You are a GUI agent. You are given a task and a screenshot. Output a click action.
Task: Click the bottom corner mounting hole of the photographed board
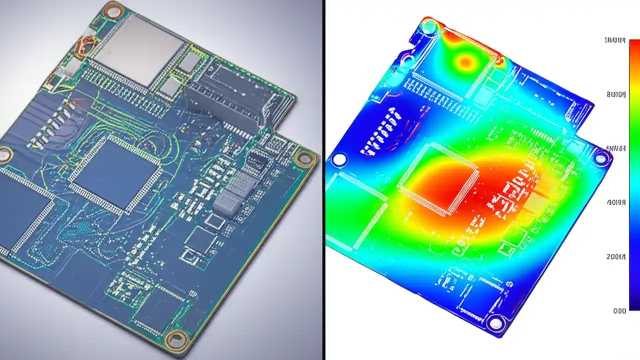pos(175,338)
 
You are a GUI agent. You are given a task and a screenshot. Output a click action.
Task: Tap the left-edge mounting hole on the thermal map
pos(339,159)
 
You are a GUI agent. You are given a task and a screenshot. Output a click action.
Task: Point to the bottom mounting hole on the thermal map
pos(495,322)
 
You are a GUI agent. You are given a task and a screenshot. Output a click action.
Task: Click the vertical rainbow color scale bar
pos(634,175)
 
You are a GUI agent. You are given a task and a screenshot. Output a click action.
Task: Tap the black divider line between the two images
pos(323,180)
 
